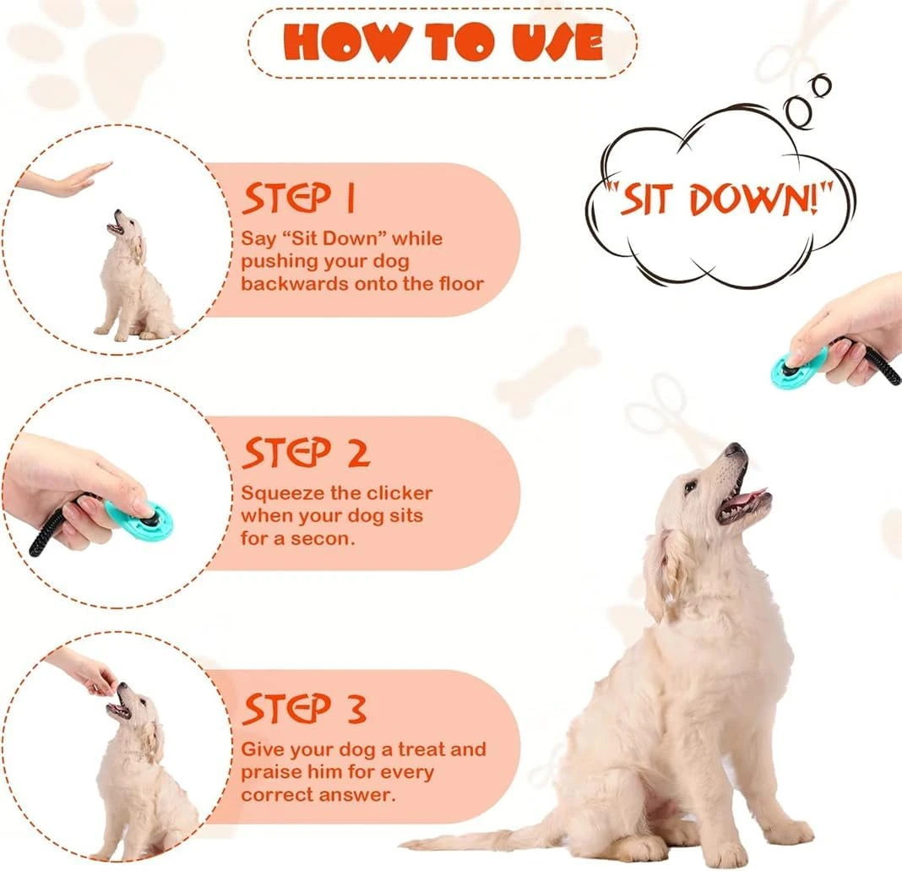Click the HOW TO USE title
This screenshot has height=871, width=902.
[x=443, y=42]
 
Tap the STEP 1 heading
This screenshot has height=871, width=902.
[x=299, y=199]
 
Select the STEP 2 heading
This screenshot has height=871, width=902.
[x=306, y=453]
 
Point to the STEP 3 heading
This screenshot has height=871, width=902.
[x=304, y=709]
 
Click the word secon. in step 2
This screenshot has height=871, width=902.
[x=324, y=537]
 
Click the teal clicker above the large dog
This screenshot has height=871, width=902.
[x=798, y=368]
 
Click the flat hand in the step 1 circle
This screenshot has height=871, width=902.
[x=68, y=180]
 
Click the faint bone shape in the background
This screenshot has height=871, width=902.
[x=548, y=372]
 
